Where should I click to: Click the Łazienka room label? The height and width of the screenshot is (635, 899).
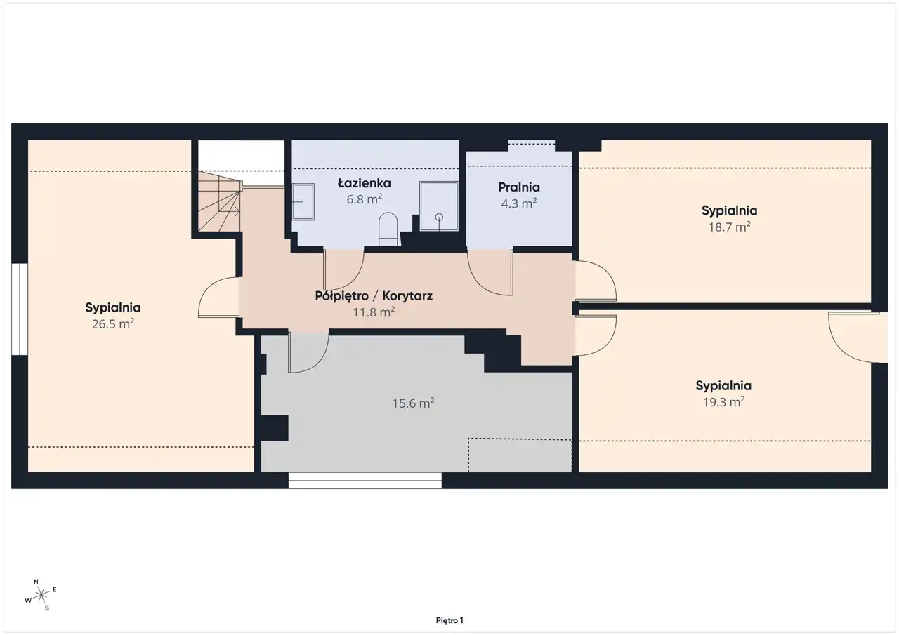coord(364,183)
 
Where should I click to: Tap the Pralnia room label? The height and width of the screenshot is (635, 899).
coord(519,187)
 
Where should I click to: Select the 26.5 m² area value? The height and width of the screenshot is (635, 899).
coord(113,323)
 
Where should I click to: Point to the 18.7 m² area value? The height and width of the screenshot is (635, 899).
coord(729,227)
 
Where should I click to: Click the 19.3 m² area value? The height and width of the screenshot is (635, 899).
coord(723,401)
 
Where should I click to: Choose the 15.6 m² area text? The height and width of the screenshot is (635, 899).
coord(414,403)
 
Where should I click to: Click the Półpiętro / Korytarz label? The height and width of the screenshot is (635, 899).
coord(374,296)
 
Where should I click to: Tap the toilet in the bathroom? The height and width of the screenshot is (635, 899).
coord(388,229)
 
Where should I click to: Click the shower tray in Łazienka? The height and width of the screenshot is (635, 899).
coord(439,206)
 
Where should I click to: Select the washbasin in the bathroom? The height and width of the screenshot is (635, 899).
coord(303,201)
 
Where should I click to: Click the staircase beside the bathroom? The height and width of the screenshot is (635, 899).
coord(219,201)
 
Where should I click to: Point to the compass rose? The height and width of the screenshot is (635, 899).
coord(41,595)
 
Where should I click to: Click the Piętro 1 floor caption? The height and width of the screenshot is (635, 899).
coord(449,620)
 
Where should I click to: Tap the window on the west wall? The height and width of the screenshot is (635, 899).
coord(19,309)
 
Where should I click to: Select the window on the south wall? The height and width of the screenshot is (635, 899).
coord(365,480)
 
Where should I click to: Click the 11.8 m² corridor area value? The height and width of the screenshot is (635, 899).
coord(374,312)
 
